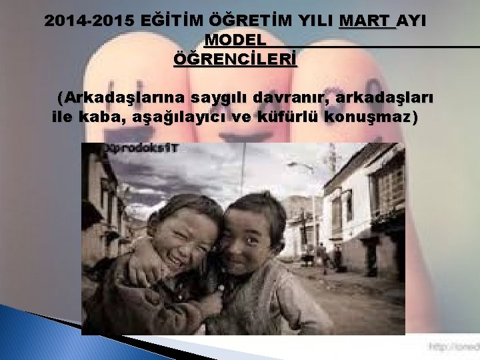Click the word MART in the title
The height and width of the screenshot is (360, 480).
[366, 21]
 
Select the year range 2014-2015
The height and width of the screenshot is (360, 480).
[85, 21]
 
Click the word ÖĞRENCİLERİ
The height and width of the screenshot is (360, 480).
[235, 60]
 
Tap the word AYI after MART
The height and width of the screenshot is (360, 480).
[413, 21]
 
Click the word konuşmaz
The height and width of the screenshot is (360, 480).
[370, 119]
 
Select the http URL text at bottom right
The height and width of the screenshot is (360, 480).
[453, 347]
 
